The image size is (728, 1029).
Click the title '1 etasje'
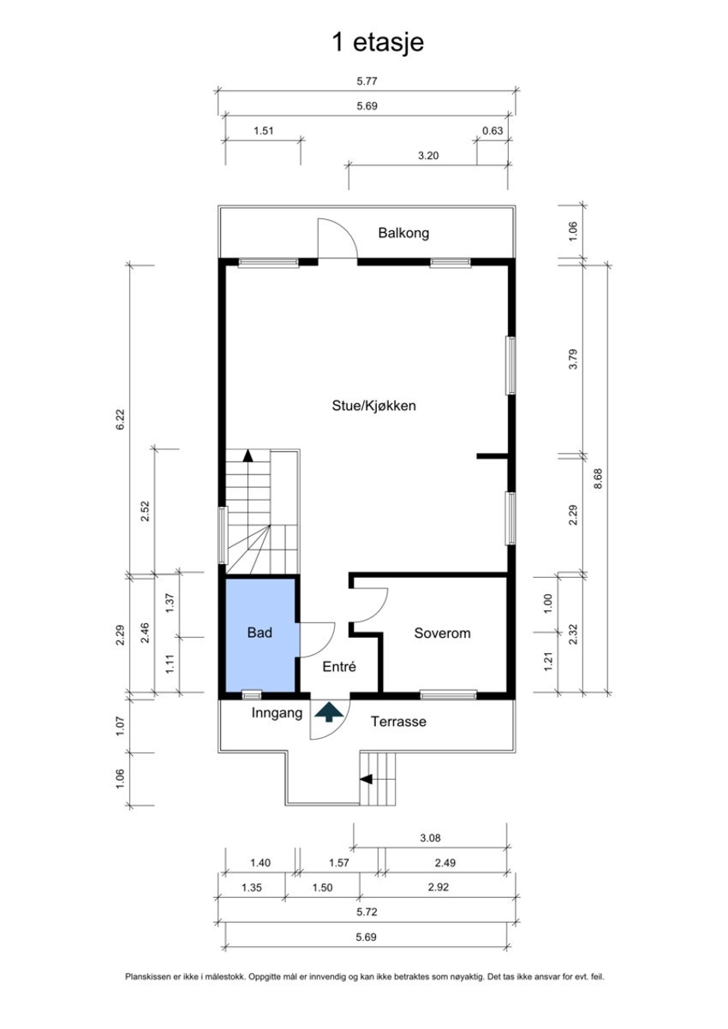(x=378, y=43)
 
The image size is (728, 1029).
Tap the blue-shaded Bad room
(x=260, y=634)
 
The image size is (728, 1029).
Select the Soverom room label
(x=442, y=633)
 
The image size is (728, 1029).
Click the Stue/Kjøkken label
(x=374, y=406)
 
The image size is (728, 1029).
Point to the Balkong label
(x=403, y=233)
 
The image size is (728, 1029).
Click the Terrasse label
(x=398, y=722)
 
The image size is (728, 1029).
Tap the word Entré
(x=338, y=667)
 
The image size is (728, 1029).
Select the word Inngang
(x=277, y=712)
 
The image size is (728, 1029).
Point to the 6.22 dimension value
(x=121, y=419)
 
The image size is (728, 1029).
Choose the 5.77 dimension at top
(x=367, y=82)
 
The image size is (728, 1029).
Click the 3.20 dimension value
(x=427, y=156)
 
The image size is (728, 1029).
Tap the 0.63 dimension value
(x=492, y=131)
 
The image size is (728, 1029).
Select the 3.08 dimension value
(x=430, y=839)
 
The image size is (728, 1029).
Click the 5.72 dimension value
(x=367, y=913)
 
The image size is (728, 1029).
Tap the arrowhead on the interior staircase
(x=248, y=455)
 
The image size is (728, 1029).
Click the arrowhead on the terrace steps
(x=366, y=779)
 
